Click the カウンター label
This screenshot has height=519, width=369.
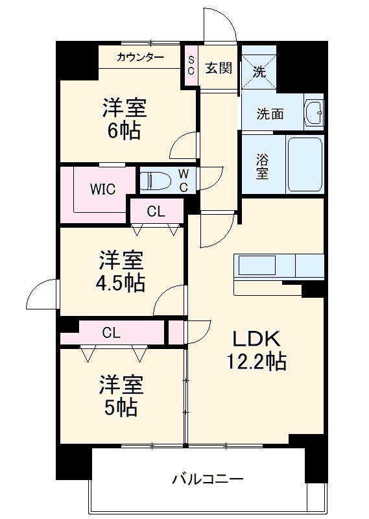[x=140, y=58]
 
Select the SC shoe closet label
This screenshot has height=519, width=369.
[x=191, y=66]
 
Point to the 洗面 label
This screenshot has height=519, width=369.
[x=270, y=114]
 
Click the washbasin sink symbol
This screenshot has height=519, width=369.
[x=314, y=113]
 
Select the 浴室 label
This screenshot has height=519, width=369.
[x=262, y=165]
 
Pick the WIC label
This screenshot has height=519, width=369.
[x=102, y=189]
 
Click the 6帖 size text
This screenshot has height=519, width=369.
[x=123, y=130]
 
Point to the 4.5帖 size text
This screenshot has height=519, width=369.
[x=122, y=283]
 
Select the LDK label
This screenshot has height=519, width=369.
[x=256, y=339]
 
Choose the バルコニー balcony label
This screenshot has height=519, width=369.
[x=207, y=480]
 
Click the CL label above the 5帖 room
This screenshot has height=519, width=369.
[x=112, y=333]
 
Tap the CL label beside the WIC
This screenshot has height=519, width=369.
[x=156, y=211]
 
